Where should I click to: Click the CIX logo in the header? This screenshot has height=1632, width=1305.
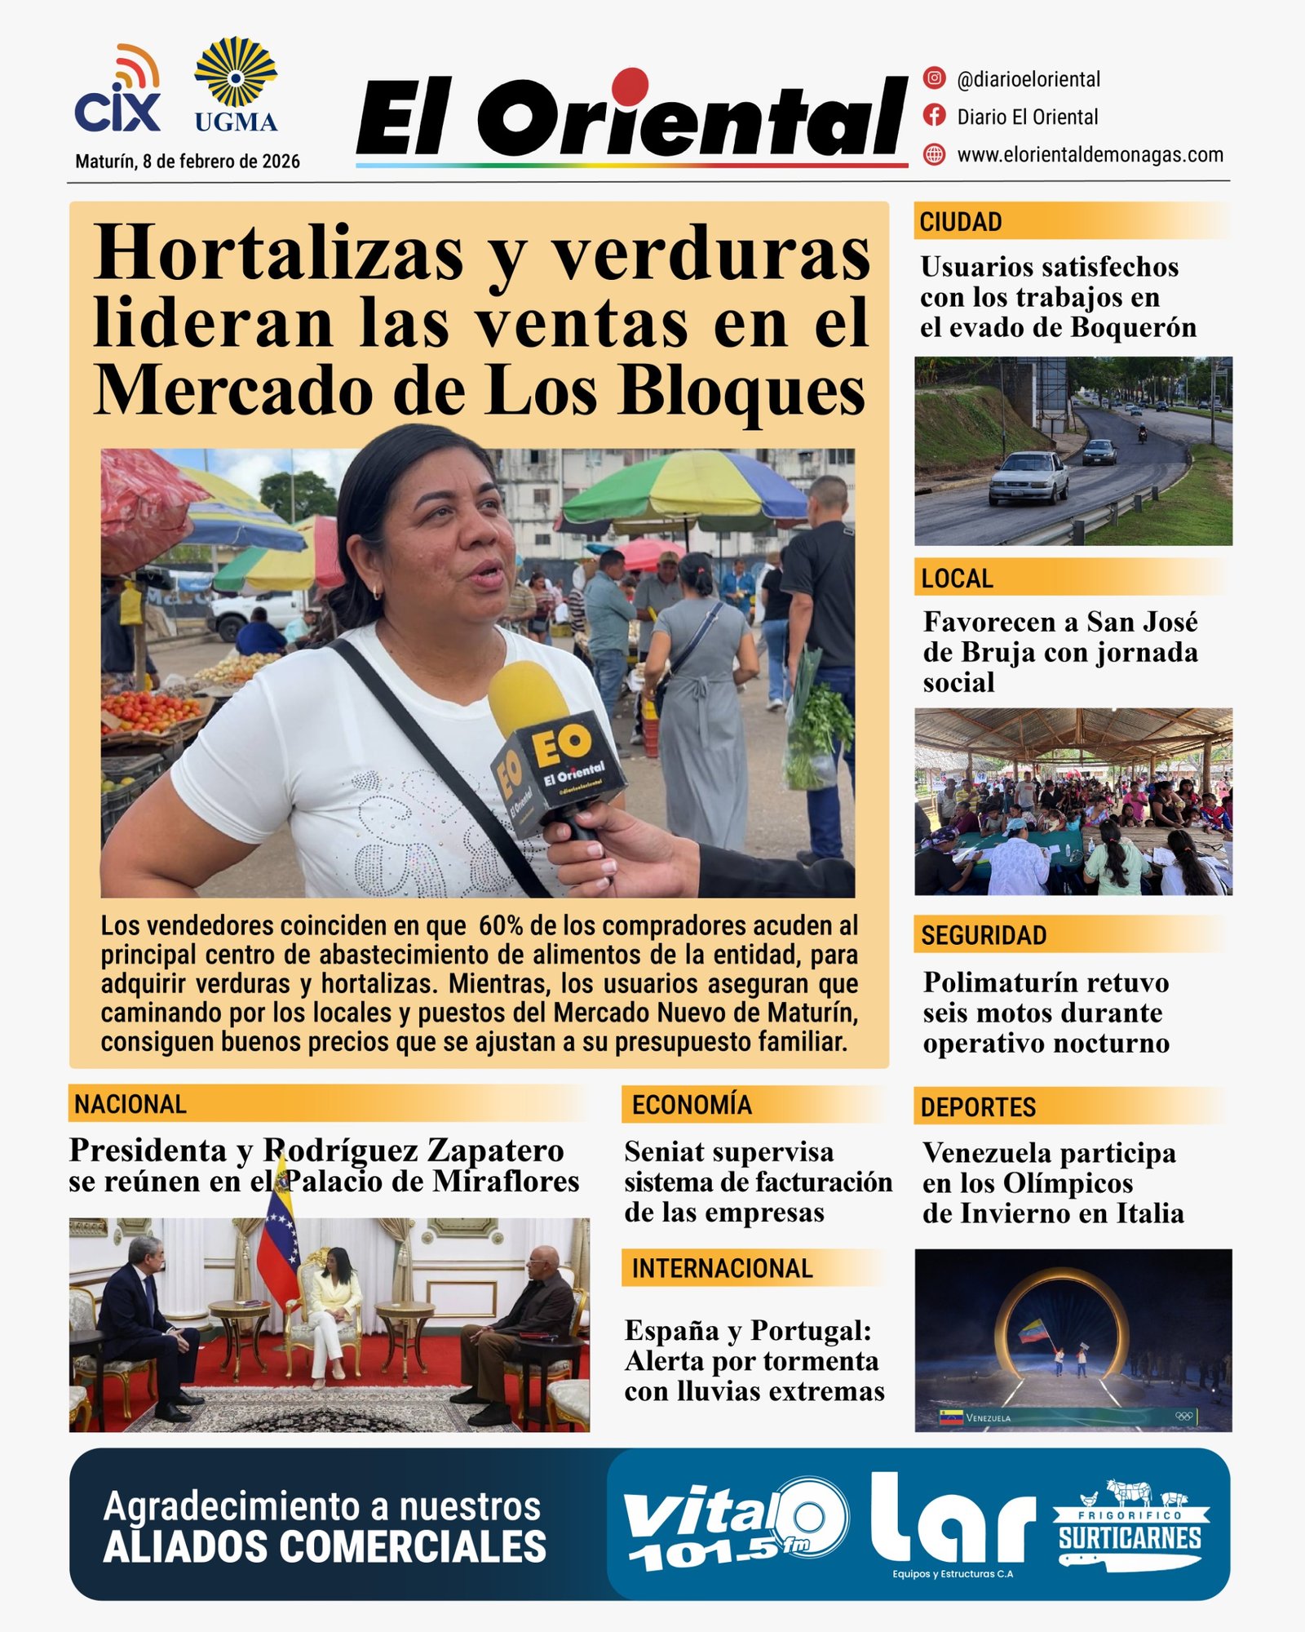tap(117, 91)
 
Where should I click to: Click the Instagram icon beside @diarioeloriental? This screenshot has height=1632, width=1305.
tap(934, 78)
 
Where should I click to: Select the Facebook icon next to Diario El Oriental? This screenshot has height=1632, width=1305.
tap(934, 116)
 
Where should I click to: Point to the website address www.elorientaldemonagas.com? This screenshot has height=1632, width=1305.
tap(1090, 154)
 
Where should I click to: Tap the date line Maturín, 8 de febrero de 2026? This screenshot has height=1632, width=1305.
tap(188, 162)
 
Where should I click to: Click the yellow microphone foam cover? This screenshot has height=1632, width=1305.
tap(529, 698)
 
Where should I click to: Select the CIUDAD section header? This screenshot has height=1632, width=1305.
tap(961, 222)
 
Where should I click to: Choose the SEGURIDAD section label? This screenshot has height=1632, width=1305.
tap(984, 935)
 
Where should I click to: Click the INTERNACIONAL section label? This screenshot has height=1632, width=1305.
tap(722, 1268)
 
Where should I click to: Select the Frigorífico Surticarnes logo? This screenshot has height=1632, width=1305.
tap(1130, 1524)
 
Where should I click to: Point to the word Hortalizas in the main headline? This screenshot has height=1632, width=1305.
tap(279, 255)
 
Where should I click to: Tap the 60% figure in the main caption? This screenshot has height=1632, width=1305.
tap(501, 925)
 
